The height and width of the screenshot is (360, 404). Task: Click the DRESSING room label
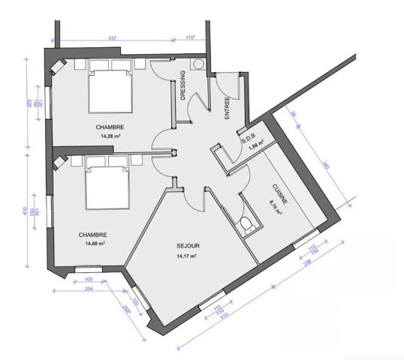coord(184,85)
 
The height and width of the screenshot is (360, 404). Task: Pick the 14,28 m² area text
coord(110,136)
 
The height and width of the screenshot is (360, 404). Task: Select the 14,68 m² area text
coord(94,244)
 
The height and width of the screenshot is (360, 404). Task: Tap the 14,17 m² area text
coord(185,256)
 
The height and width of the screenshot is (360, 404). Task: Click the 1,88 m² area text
coord(256,147)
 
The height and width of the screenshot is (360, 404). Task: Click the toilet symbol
coord(246,223)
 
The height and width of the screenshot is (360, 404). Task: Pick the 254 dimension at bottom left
coord(88,288)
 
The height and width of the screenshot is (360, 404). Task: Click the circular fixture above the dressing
coord(199,64)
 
